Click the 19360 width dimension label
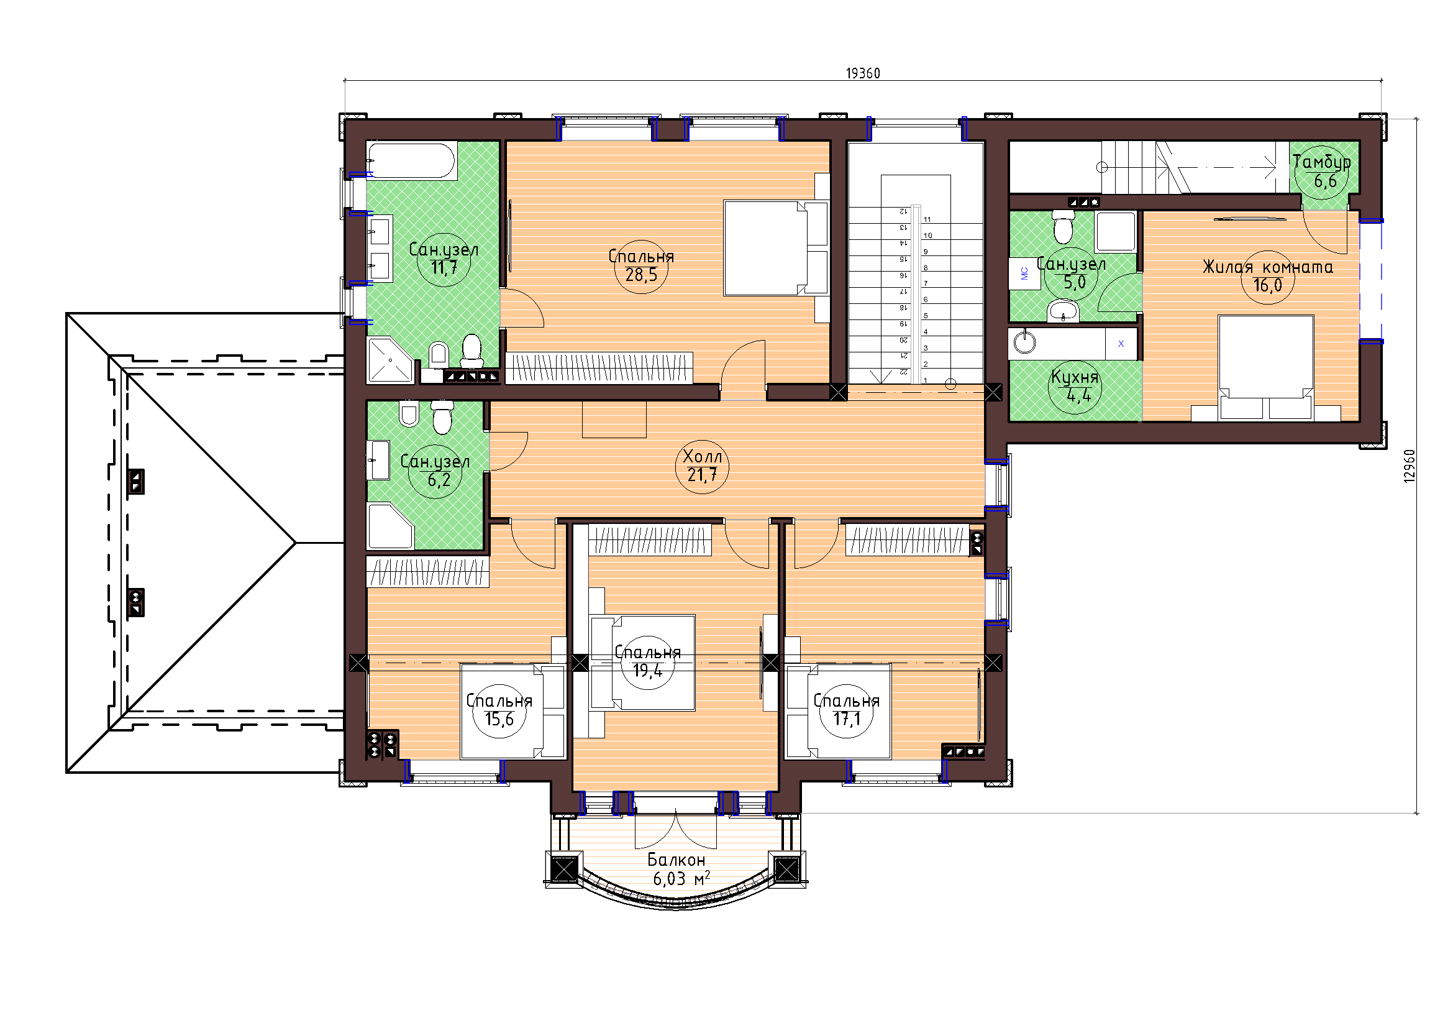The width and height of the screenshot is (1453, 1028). coord(863,73)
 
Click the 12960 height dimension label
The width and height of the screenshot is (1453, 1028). coord(1409,467)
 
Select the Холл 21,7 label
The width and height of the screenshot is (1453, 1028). coord(703,466)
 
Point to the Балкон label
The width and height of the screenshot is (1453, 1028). coord(676,860)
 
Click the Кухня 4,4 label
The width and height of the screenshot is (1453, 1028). coord(1075,386)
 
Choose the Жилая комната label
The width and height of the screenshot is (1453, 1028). coord(1268,267)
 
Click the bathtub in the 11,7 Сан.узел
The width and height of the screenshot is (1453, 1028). coord(411,161)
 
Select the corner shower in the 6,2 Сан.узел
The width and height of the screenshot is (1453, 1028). coord(391,526)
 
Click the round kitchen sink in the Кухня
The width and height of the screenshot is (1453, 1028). coord(1024,342)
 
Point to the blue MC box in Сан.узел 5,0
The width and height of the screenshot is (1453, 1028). coord(1024,273)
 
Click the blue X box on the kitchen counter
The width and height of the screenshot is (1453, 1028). coord(1121,344)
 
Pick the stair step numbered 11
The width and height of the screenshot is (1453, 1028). coord(927,219)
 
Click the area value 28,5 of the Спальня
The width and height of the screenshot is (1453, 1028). coord(641,275)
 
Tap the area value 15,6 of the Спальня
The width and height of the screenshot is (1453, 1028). coord(499,719)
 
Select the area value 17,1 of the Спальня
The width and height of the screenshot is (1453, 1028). coord(846,719)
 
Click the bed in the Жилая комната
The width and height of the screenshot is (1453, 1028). coord(1265,368)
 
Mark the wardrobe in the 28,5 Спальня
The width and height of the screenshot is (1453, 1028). coord(599,368)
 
